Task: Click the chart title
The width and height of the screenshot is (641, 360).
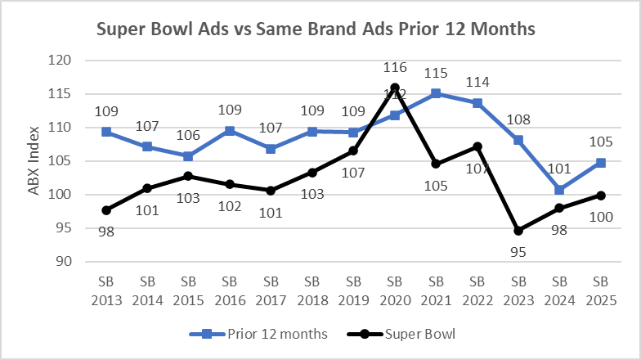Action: coord(316,29)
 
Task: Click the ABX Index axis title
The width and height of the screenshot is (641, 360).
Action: coord(34,161)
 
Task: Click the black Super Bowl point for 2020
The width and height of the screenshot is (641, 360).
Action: coord(395,88)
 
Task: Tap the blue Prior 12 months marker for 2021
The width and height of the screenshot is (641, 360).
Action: coord(437,93)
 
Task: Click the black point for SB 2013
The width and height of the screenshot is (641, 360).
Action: coord(106,210)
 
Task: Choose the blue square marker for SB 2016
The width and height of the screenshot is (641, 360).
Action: coord(231,131)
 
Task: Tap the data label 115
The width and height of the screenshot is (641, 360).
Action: coord(437,74)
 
